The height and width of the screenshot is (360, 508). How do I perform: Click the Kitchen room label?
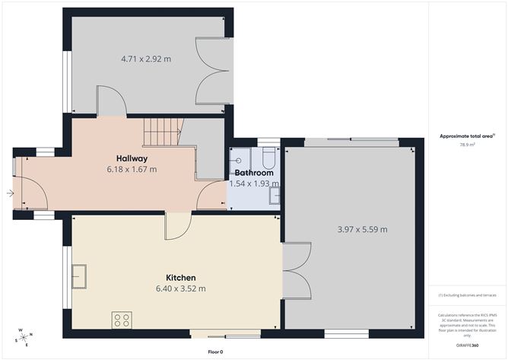(181, 277)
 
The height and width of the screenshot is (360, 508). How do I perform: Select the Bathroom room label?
(253, 173)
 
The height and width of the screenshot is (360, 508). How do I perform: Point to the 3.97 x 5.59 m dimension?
(362, 229)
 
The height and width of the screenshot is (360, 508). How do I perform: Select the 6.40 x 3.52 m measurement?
(181, 288)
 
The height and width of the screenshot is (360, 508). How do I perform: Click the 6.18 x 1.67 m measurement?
(132, 169)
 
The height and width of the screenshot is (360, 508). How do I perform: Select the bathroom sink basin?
(275, 196)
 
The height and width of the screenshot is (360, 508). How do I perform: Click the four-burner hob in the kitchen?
(122, 320)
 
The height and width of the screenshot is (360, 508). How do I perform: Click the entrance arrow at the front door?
(9, 194)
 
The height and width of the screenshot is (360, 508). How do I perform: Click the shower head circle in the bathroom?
(238, 161)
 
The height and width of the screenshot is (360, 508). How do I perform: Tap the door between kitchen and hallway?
(178, 225)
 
